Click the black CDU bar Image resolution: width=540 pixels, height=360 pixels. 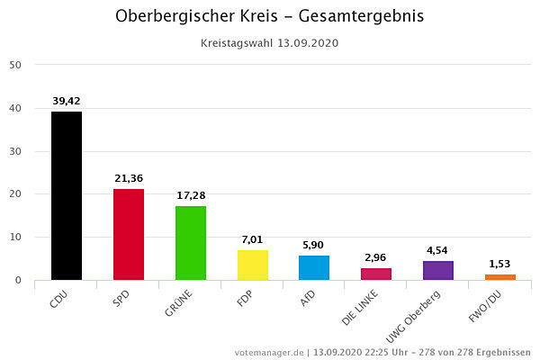pyautogui.click(x=67, y=195)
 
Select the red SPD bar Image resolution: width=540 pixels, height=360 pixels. pyautogui.click(x=129, y=234)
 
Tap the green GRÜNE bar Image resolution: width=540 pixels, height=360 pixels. pyautogui.click(x=191, y=243)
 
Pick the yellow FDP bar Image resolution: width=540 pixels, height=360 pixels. pyautogui.click(x=253, y=265)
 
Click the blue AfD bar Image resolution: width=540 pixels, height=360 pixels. pyautogui.click(x=314, y=267)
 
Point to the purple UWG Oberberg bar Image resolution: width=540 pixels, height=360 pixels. pyautogui.click(x=438, y=270)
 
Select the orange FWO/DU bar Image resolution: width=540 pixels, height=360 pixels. pyautogui.click(x=500, y=277)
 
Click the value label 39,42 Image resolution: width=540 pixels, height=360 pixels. pyautogui.click(x=67, y=101)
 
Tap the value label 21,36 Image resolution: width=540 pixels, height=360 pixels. pyautogui.click(x=129, y=178)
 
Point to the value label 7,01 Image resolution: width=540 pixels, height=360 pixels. pyautogui.click(x=253, y=239)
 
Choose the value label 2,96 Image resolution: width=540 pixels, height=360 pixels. pyautogui.click(x=376, y=257)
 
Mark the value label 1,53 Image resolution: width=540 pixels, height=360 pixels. pyautogui.click(x=500, y=264)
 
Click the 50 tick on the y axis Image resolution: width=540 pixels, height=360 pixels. pyautogui.click(x=16, y=65)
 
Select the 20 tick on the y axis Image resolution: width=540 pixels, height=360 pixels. pyautogui.click(x=16, y=194)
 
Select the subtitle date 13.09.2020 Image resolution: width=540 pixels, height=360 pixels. pyautogui.click(x=308, y=42)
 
